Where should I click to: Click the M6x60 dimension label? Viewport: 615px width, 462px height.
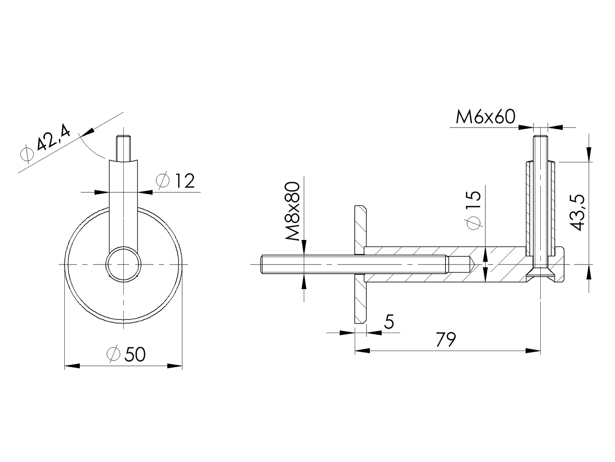tap(485, 117)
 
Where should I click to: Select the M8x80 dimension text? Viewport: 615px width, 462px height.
tap(293, 211)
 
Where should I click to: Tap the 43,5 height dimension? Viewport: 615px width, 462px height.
tap(577, 212)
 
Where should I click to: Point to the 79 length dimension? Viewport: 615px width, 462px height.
tap(446, 339)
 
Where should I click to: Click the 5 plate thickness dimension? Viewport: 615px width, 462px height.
tap(389, 322)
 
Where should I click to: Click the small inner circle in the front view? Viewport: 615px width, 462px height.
tap(124, 264)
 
